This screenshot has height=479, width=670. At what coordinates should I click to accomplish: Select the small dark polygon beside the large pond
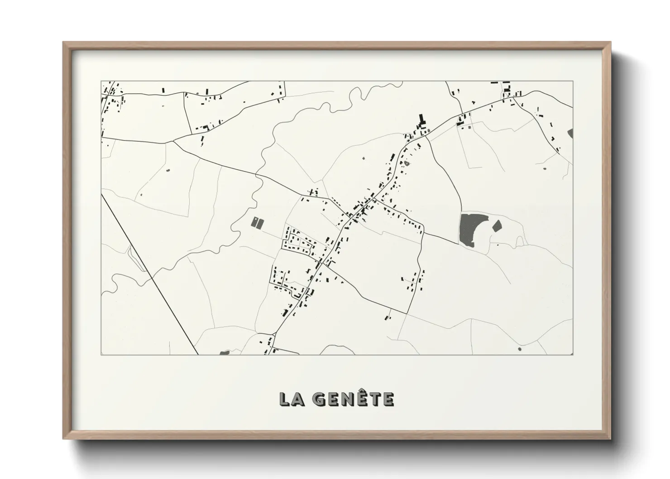click(497, 225)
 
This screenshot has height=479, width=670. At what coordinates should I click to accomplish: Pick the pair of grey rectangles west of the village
click(257, 222)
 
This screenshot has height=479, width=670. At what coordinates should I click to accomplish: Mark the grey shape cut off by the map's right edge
click(570, 133)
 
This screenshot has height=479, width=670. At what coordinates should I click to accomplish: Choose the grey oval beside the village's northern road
click(407, 163)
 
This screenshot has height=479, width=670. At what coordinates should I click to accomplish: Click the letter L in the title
click(285, 399)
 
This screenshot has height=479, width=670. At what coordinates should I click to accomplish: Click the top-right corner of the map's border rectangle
click(573, 81)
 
